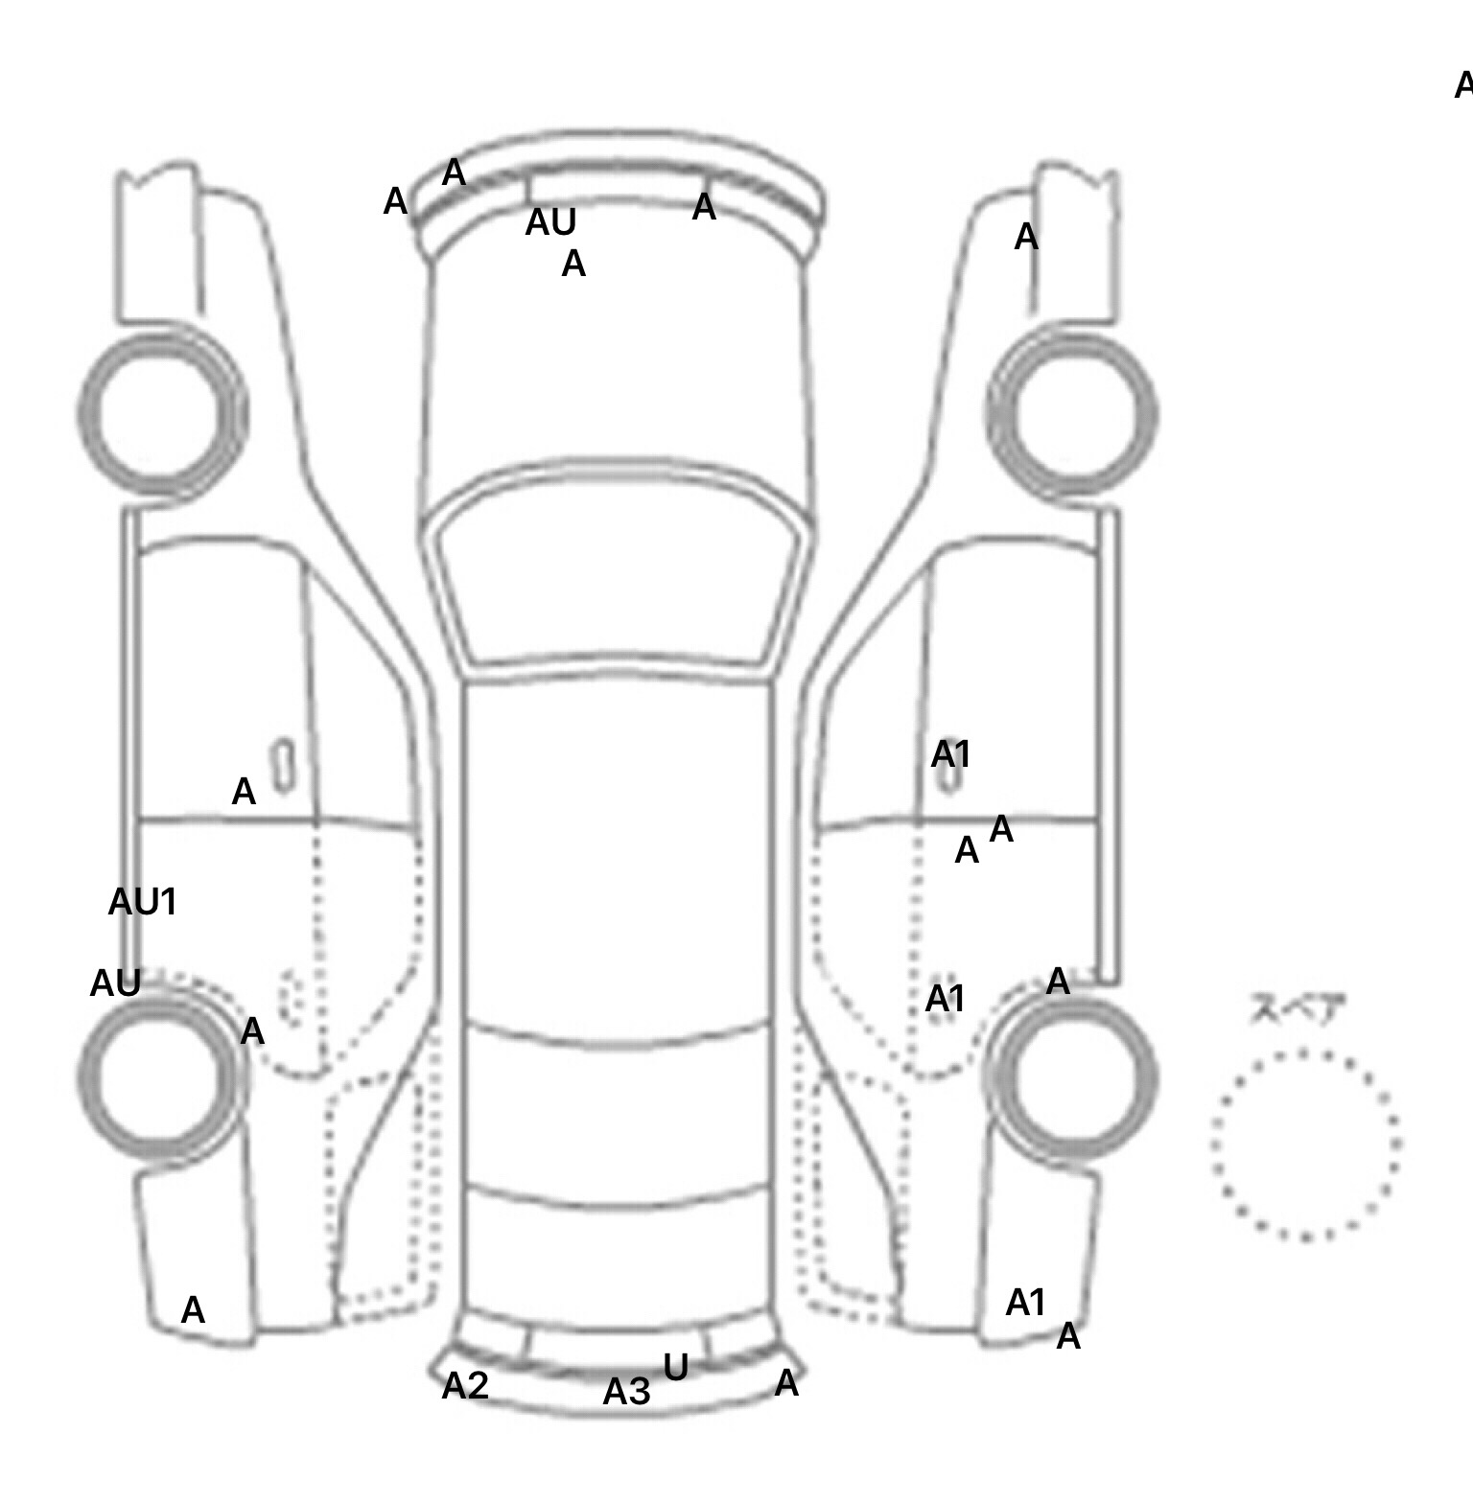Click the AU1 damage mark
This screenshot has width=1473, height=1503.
tap(142, 902)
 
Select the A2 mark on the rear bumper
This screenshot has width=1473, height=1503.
tap(465, 1385)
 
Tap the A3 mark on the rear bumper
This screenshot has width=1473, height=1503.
tap(626, 1392)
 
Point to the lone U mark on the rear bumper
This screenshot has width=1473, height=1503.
tap(675, 1368)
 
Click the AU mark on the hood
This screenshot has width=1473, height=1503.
tap(550, 222)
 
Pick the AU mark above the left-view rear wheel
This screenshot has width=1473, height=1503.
tap(115, 983)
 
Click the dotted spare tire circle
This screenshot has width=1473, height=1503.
tap(1304, 1145)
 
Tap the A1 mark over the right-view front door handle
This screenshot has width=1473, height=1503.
tap(950, 755)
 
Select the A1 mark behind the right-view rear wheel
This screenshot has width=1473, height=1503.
tap(1025, 1303)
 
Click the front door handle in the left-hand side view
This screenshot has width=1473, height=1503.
tap(283, 766)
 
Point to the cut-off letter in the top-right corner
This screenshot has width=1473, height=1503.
tap(1463, 85)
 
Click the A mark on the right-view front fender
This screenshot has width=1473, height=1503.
tap(1026, 237)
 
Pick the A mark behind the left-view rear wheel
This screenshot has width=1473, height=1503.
tap(193, 1310)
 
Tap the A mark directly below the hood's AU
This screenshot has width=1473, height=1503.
tap(573, 264)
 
